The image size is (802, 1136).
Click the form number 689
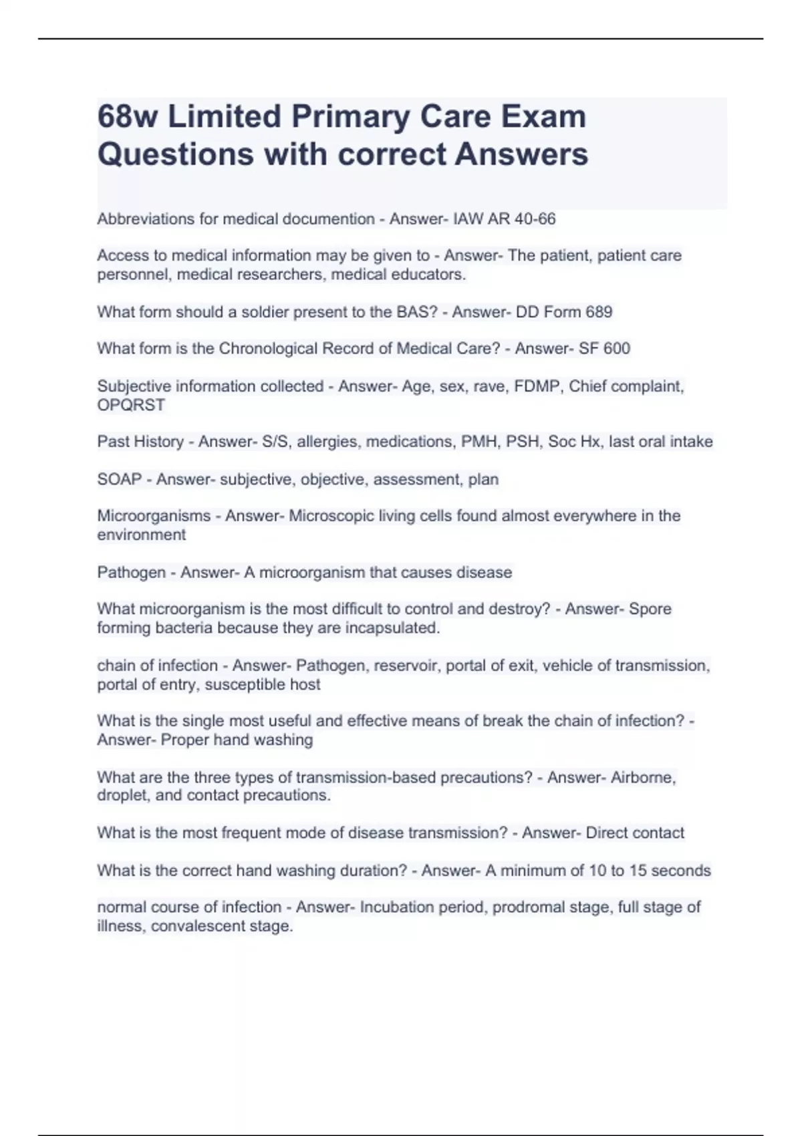599,312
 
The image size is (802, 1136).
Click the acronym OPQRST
131,405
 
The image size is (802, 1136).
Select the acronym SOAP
119,480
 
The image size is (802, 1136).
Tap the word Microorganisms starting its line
154,516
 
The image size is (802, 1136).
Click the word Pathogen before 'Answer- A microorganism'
131,573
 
